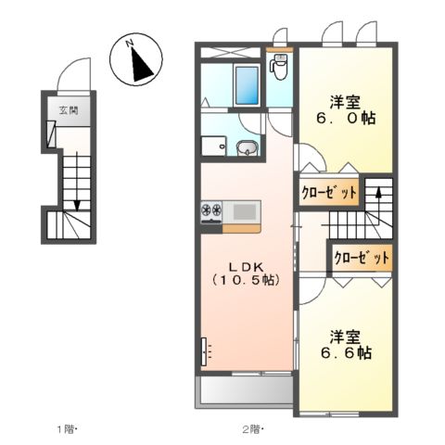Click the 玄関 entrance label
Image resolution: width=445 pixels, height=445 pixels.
point(69,110)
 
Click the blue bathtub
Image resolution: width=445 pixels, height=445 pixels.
point(247,86)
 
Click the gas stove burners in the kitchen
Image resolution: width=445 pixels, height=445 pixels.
point(210,211)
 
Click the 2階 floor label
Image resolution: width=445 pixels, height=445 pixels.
point(252,428)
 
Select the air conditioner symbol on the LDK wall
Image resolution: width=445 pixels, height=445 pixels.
point(206,351)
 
